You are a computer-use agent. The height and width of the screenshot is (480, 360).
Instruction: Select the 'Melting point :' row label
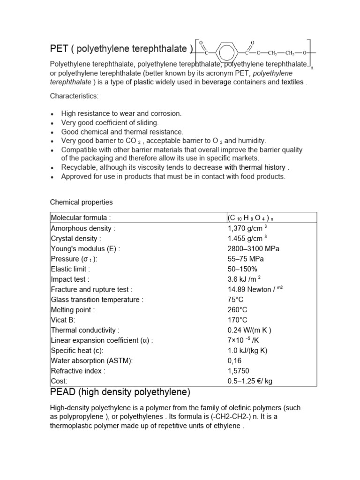pos(73,310)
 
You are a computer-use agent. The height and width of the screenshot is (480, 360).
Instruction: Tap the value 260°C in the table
pos(238,310)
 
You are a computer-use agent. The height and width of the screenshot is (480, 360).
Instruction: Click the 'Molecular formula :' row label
pos(81,217)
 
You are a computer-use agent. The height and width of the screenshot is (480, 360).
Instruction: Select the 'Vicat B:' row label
pos(63,320)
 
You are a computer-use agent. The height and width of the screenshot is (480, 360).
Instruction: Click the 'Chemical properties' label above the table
pos(82,202)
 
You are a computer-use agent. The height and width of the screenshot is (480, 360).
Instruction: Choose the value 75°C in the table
pos(236,300)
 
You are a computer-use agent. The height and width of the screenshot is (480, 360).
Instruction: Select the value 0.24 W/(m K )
pos(249,330)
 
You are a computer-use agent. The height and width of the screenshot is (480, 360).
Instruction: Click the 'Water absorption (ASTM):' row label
pos(91,360)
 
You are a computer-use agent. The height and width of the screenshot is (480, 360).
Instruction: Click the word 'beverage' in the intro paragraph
pos(217,82)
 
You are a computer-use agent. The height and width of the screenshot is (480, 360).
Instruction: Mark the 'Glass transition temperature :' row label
pos(97,300)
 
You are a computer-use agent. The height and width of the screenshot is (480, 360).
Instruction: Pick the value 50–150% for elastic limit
pos(242,269)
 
